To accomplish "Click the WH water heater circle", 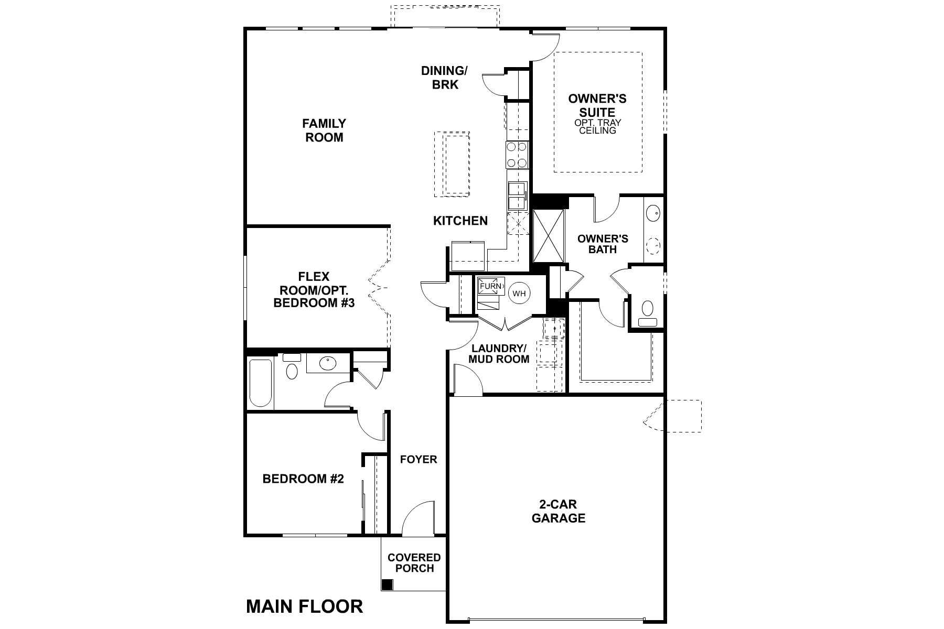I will click(519, 293).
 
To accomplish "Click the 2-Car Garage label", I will click(558, 511).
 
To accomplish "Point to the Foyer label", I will click(418, 460).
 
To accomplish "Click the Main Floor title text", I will click(304, 606).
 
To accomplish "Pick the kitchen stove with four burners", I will click(517, 155).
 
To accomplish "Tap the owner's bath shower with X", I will click(548, 235).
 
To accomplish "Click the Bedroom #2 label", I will click(303, 479).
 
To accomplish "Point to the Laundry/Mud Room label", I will click(498, 354).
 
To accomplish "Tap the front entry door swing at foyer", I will click(418, 519).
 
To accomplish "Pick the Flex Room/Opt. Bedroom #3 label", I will click(314, 290).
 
